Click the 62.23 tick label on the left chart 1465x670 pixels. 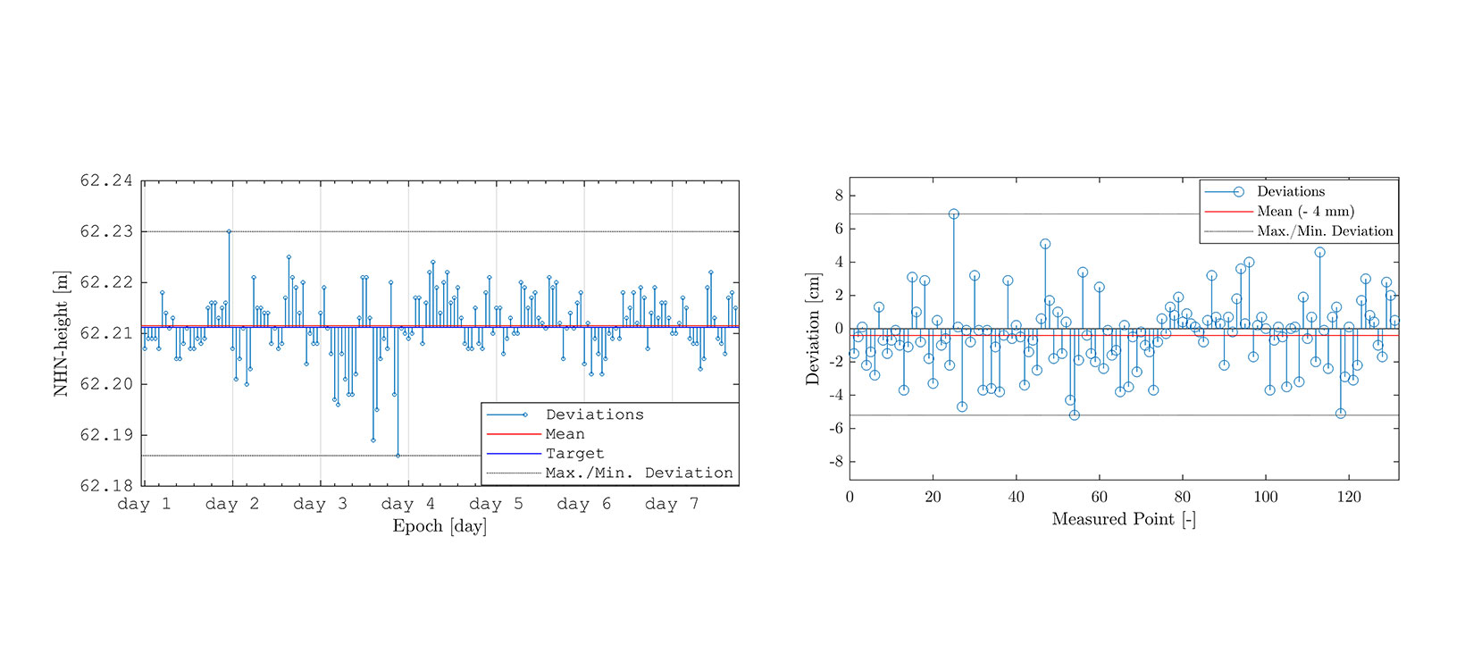tap(106, 231)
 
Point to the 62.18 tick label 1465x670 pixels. tap(106, 485)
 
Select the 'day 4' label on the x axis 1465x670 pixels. tap(408, 504)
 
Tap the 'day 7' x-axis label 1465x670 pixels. tap(672, 504)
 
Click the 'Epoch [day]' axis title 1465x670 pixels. tap(439, 526)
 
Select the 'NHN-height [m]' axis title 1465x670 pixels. tap(61, 333)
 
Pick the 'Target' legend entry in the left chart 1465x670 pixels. tap(574, 454)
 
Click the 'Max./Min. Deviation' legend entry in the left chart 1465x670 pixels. tap(639, 473)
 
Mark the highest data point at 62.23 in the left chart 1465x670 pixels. tap(229, 231)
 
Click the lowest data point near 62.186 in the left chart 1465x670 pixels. tap(398, 456)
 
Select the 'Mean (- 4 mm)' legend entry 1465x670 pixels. tap(1305, 211)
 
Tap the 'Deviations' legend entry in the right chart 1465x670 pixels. tap(1291, 191)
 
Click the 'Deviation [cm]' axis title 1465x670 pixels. tap(812, 329)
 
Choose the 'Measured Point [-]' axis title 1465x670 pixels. tap(1123, 519)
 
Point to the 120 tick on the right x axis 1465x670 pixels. tap(1349, 497)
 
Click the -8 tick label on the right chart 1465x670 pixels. tap(837, 462)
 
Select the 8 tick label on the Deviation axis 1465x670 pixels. tap(840, 196)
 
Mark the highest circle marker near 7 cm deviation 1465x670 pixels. tap(954, 214)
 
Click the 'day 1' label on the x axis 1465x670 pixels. tap(144, 504)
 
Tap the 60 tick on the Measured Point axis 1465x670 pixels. tap(1099, 497)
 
